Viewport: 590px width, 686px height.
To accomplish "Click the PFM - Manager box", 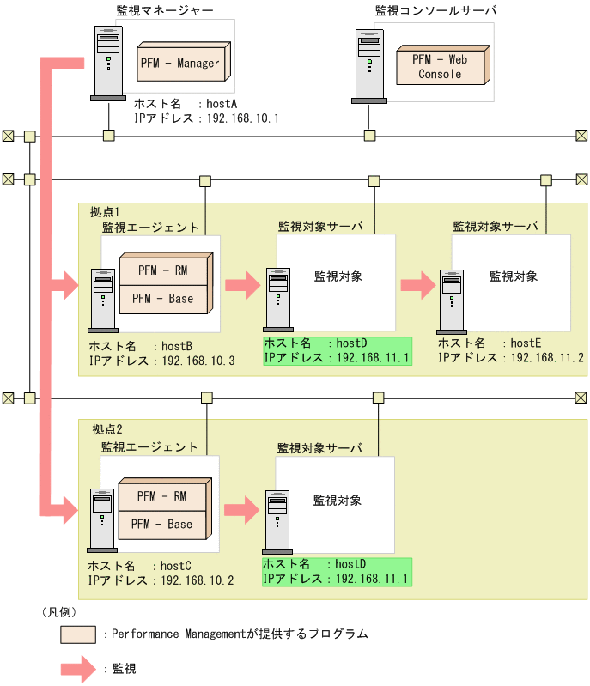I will [x=179, y=63].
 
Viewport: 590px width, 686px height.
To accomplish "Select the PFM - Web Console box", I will [x=440, y=67].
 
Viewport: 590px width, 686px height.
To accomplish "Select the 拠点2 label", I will [x=107, y=428].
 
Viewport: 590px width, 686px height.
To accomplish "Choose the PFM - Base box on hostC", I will [x=162, y=524].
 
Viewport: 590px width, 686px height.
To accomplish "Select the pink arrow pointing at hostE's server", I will [x=418, y=286].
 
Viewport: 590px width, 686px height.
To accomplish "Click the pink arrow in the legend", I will [x=77, y=668].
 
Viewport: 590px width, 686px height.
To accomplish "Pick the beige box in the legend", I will [x=77, y=634].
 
